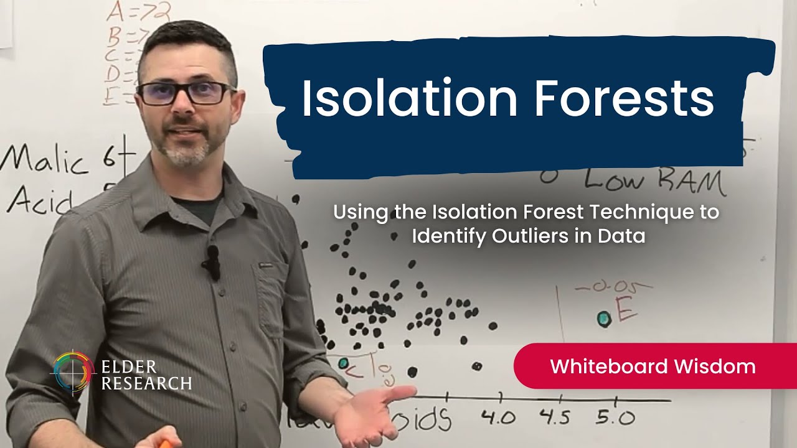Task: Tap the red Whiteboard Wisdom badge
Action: (x=653, y=366)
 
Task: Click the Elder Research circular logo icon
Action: (x=73, y=373)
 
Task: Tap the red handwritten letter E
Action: (x=626, y=309)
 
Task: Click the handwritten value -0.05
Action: (x=613, y=287)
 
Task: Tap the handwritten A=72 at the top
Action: (x=138, y=11)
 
